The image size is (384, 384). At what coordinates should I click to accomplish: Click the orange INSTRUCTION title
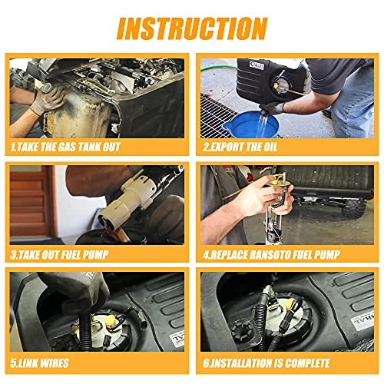192,28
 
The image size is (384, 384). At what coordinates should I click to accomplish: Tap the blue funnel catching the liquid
251,124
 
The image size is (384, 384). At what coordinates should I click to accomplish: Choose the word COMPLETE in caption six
308,363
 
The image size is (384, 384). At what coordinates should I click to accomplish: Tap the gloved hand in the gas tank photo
48,98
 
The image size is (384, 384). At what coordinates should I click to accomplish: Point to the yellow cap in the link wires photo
111,319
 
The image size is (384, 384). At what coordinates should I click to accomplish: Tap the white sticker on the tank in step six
362,323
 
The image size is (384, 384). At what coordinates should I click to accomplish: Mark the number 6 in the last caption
206,363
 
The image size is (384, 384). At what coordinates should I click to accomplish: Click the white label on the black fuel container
257,65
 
